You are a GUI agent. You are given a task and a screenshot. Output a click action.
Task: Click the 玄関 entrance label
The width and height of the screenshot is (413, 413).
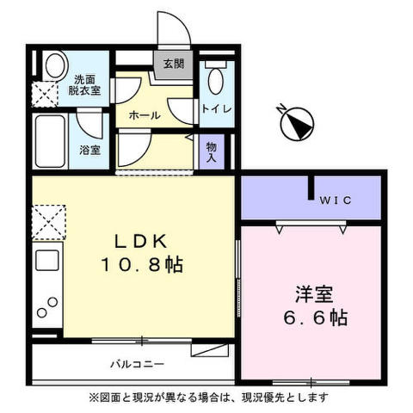174,64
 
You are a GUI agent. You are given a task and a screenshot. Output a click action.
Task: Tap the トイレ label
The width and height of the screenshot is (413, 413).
217,109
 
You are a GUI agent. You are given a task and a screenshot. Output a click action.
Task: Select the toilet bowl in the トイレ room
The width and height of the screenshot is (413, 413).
216,81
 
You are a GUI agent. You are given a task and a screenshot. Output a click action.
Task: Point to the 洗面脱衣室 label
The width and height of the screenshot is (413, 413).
84,85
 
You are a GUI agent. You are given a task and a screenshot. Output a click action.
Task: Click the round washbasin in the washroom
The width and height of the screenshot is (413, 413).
55,65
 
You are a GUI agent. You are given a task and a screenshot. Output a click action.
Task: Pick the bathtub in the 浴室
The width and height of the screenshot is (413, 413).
50,141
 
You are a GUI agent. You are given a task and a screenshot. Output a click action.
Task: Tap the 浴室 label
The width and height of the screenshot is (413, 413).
89,150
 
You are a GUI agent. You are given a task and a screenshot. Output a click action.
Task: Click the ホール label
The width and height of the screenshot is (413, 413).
145,115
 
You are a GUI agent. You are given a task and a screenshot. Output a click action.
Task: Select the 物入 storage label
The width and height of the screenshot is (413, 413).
212,152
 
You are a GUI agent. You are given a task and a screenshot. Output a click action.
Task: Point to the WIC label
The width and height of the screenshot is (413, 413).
336,200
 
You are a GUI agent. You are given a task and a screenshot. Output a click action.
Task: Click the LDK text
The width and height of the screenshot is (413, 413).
140,242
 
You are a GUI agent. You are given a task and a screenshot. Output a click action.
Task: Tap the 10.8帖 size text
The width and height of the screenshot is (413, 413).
142,264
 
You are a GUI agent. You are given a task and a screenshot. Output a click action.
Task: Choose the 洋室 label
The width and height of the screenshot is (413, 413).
314,294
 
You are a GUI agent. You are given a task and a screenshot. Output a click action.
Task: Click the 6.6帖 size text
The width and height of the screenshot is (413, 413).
316,317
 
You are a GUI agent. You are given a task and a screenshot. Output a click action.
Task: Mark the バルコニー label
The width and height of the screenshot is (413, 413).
138,365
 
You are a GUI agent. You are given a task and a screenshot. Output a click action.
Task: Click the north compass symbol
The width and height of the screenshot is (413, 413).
296,123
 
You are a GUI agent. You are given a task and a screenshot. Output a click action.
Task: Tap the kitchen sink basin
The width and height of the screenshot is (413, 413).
47,261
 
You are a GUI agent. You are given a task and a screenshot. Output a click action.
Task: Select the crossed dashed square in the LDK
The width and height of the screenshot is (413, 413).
49,222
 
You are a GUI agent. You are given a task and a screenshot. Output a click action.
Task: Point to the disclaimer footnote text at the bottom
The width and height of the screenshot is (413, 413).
208,398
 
